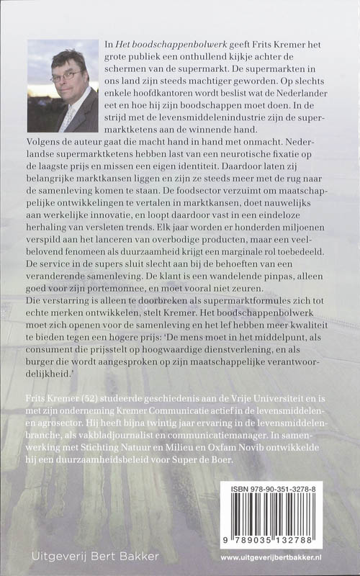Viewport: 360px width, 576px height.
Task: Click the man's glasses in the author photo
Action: (67, 74)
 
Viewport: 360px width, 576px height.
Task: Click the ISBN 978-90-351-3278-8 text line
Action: (282, 489)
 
